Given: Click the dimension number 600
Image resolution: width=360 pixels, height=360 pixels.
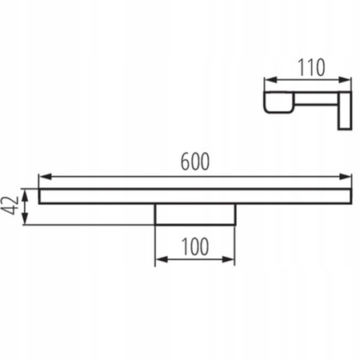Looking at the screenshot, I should (194, 162).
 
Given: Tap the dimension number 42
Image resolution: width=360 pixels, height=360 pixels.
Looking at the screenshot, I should (10, 206).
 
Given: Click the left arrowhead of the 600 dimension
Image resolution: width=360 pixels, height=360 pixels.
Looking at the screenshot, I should (43, 177).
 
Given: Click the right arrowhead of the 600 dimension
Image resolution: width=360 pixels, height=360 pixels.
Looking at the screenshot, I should (347, 177).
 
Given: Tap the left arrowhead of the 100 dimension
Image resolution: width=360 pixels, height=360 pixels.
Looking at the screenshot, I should (158, 259).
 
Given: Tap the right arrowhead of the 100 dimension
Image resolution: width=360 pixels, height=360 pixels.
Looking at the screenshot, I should (231, 259).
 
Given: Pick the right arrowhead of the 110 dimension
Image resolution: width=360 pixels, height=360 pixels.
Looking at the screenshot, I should (347, 80).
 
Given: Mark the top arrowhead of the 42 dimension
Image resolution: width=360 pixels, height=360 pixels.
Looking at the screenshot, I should (26, 192).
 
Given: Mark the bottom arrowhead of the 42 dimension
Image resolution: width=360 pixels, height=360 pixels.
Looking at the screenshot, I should (26, 220).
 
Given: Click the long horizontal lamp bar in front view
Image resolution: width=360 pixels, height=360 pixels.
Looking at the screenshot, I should (194, 196).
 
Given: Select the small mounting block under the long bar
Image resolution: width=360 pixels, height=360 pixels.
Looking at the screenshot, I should (194, 214).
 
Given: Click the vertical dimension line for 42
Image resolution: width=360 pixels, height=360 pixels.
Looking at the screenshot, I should (26, 206).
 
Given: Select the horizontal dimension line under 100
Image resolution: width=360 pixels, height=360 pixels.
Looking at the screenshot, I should (194, 259).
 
